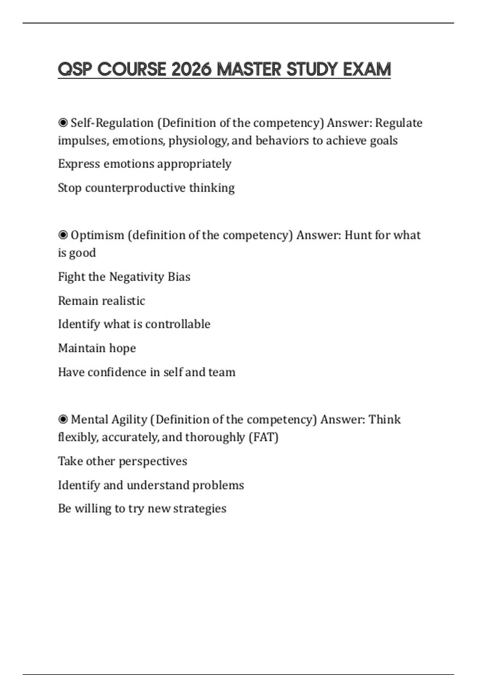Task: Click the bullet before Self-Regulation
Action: click(x=63, y=123)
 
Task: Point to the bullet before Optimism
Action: click(x=63, y=235)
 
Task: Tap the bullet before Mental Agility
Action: click(x=63, y=419)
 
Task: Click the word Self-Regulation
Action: click(x=112, y=123)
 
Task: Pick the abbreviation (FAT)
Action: click(x=264, y=437)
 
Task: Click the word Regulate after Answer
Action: click(x=399, y=123)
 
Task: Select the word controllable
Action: click(x=178, y=324)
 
